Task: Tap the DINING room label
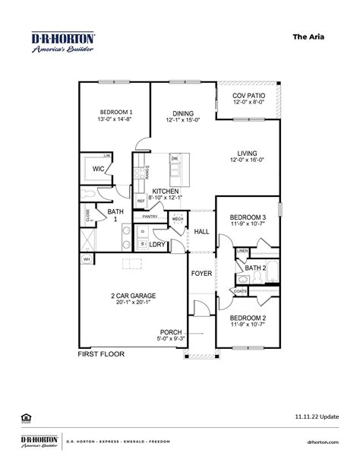click(183, 111)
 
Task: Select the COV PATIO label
click(248, 96)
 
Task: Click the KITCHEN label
click(165, 191)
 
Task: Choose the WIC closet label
click(97, 169)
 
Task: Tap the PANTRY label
click(150, 217)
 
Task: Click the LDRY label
click(157, 244)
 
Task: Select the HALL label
click(201, 231)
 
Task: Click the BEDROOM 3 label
click(248, 217)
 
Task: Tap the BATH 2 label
click(254, 268)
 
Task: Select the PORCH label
click(170, 331)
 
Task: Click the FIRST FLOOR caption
click(101, 353)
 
